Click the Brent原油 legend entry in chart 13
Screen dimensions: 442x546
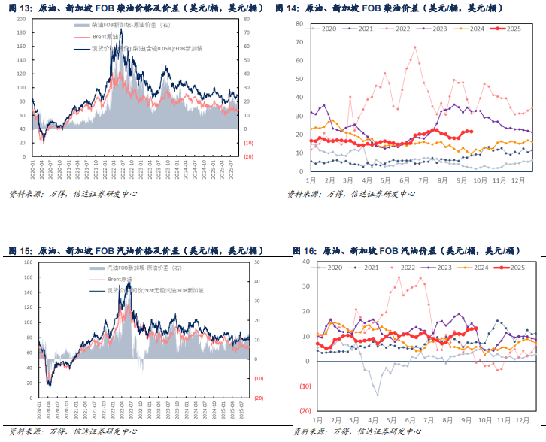pyautogui.click(x=105, y=37)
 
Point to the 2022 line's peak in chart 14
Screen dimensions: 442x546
pyautogui.click(x=414, y=47)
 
